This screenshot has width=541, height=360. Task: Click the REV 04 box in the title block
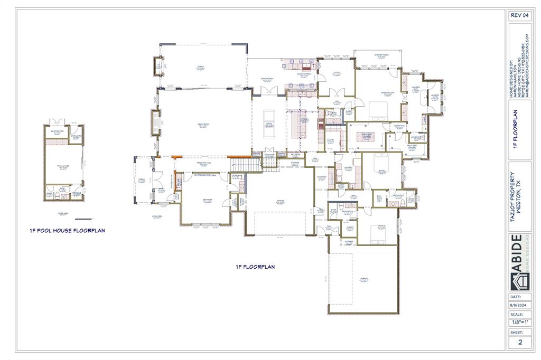point(519,15)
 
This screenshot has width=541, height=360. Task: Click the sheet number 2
point(519,342)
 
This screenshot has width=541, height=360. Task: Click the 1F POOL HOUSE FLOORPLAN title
point(67,231)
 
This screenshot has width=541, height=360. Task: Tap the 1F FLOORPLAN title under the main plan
point(255,267)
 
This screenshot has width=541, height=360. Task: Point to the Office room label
point(336,73)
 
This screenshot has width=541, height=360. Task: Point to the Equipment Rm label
point(58,130)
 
